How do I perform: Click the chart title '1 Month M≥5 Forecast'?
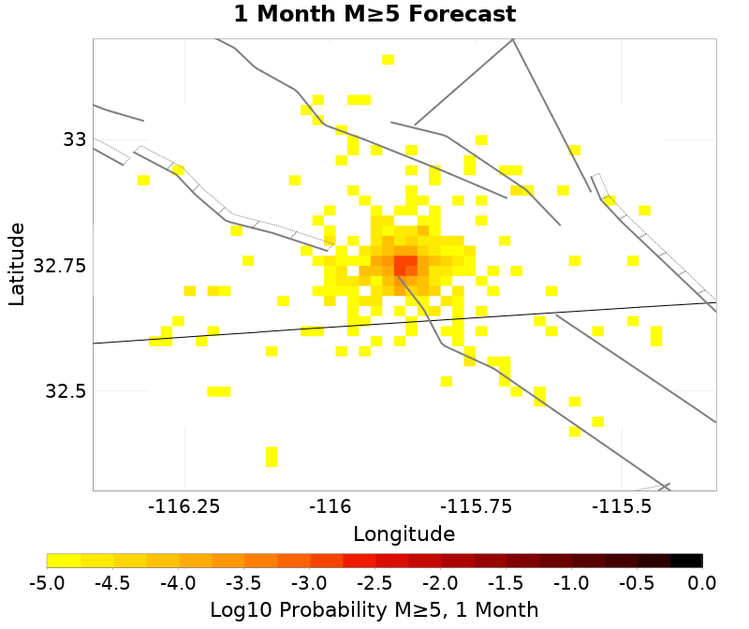(374, 15)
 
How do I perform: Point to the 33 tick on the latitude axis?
(75, 139)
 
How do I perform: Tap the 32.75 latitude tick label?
(60, 266)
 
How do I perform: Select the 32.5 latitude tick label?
(66, 391)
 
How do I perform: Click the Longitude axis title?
(404, 534)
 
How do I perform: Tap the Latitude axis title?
(17, 263)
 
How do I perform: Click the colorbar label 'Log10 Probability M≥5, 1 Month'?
(374, 610)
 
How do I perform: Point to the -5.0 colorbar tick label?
(47, 583)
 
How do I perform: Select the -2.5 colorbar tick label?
(374, 583)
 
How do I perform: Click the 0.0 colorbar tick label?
(702, 583)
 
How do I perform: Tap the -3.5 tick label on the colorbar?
(243, 583)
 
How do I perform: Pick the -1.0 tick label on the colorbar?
(571, 583)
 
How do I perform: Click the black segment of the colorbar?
(686, 561)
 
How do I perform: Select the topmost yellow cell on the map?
(388, 60)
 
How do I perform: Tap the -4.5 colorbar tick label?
(112, 583)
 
